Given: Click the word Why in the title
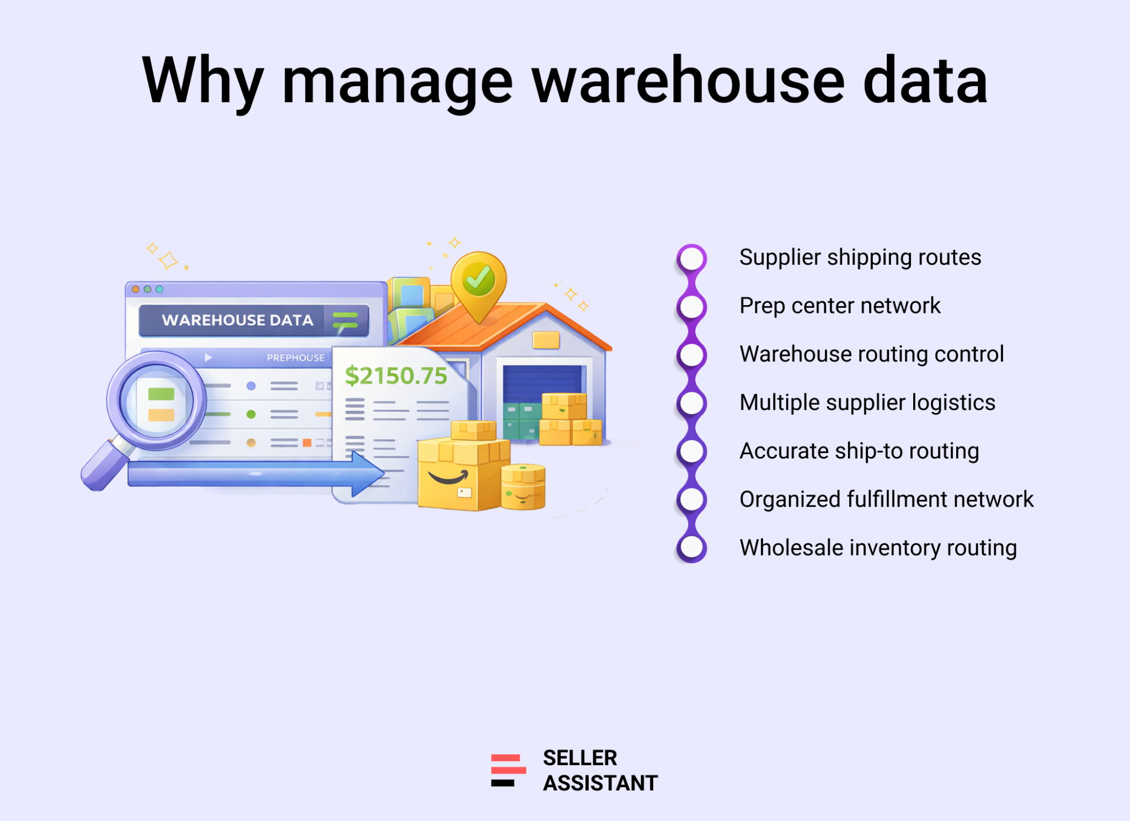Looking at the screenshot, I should (202, 82).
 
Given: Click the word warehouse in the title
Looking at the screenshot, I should (687, 81).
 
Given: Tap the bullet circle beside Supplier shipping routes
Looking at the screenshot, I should (692, 258).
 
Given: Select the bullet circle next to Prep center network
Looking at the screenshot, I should (692, 307).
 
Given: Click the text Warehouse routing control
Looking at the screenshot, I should (871, 354).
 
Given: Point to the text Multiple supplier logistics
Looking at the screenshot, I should (867, 403).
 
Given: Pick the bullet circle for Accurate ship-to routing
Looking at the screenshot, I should (692, 451).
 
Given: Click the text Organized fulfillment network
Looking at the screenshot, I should (886, 499).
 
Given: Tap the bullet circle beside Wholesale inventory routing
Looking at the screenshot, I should (692, 548).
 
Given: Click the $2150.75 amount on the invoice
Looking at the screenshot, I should (396, 376).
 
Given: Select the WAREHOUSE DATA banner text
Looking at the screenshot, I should (238, 320).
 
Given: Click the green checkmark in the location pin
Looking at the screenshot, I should (478, 279).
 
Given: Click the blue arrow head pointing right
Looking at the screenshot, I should (367, 474).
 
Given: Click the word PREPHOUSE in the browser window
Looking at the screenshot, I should (296, 358).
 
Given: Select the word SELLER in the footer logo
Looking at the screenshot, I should (579, 758).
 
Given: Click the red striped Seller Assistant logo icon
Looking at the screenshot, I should (508, 770).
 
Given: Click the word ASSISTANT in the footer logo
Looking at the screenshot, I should (600, 783).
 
